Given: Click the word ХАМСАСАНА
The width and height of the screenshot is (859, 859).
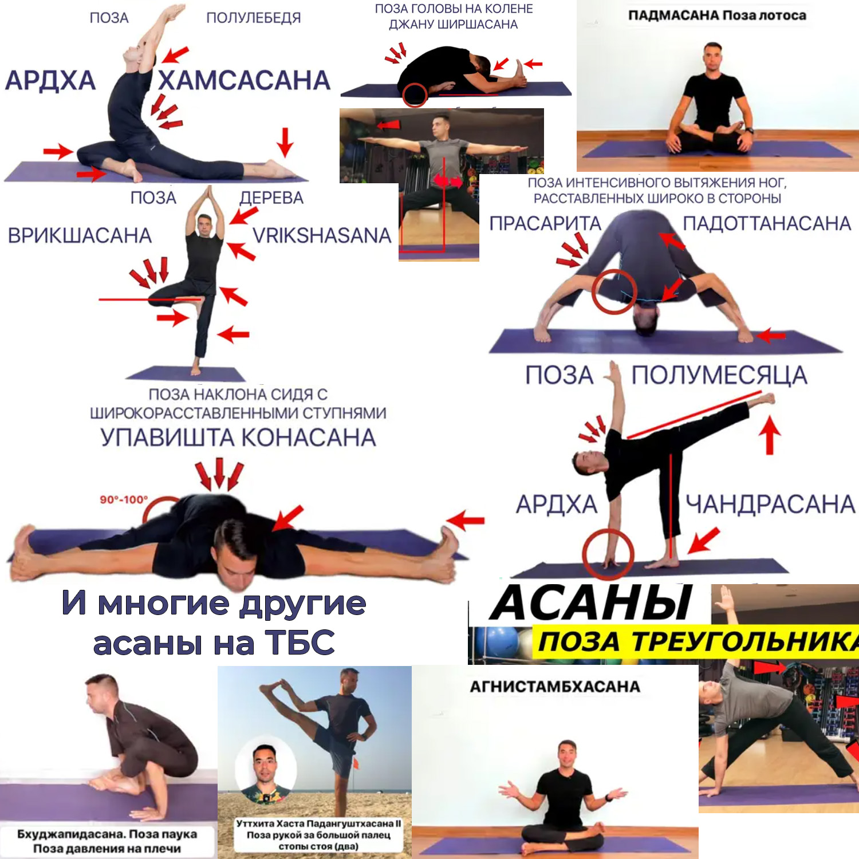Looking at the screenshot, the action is pyautogui.click(x=245, y=80).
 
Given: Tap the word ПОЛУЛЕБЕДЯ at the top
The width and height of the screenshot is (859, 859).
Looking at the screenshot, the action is pyautogui.click(x=254, y=18).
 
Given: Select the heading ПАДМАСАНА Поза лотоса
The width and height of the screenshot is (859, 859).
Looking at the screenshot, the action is pyautogui.click(x=717, y=15).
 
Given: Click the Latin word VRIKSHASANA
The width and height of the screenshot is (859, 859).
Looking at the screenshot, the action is pyautogui.click(x=322, y=235).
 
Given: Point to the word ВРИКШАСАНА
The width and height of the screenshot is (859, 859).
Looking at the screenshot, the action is pyautogui.click(x=80, y=235).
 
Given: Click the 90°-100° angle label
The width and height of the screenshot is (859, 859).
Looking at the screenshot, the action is pyautogui.click(x=124, y=499).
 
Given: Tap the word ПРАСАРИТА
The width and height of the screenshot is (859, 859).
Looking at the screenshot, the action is pyautogui.click(x=545, y=223).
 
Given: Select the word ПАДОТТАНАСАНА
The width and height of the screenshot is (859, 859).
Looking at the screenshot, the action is pyautogui.click(x=767, y=223).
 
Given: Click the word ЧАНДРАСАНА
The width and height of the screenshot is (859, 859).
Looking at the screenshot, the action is pyautogui.click(x=771, y=504).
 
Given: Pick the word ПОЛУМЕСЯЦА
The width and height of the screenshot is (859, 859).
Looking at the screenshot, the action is pyautogui.click(x=719, y=375).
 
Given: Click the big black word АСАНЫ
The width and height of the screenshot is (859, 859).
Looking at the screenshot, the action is pyautogui.click(x=592, y=603).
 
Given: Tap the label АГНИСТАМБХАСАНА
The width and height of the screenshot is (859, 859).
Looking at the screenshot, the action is pyautogui.click(x=555, y=687).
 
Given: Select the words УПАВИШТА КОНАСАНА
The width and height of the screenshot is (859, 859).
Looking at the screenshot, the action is pyautogui.click(x=238, y=438).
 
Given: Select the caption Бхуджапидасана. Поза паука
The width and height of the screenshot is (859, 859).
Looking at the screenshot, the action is pyautogui.click(x=107, y=834).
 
